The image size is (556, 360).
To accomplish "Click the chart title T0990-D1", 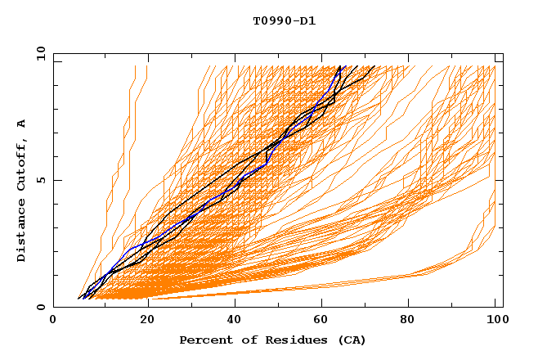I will click(284, 21).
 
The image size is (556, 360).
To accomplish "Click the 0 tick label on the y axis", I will click(41, 307).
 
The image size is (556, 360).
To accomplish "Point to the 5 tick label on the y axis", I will click(41, 180).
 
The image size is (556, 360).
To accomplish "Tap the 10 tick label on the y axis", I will click(38, 53).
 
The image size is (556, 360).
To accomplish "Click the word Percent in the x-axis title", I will click(202, 340).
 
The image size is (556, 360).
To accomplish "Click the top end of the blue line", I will click(345, 66).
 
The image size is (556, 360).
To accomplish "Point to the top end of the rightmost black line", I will click(374, 66).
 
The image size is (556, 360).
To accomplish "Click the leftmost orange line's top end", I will click(136, 66).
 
